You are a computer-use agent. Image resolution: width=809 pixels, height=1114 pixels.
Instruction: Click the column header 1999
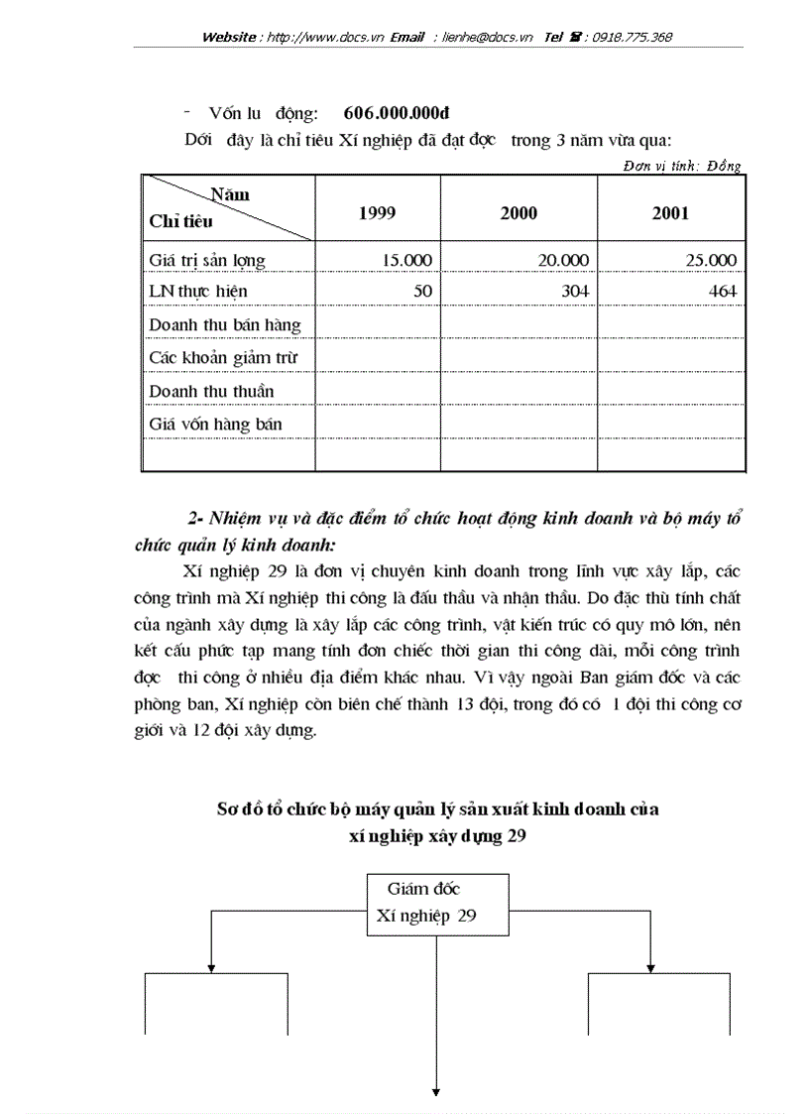pyautogui.click(x=378, y=212)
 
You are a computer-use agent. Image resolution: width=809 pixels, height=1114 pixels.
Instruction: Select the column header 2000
pyautogui.click(x=519, y=212)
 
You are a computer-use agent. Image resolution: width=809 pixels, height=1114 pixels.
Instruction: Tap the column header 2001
pyautogui.click(x=670, y=212)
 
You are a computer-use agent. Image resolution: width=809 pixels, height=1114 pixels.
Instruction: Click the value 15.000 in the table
pyautogui.click(x=406, y=260)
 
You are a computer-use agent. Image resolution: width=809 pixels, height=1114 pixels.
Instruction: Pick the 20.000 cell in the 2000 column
pyautogui.click(x=562, y=260)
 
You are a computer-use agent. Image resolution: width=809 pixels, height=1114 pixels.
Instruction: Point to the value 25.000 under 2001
pyautogui.click(x=711, y=260)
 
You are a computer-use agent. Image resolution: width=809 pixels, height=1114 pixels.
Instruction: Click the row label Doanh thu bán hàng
pyautogui.click(x=225, y=324)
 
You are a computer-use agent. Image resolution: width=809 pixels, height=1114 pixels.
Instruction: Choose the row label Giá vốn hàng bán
pyautogui.click(x=215, y=424)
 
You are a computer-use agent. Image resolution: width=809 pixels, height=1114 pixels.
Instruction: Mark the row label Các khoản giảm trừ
pyautogui.click(x=223, y=357)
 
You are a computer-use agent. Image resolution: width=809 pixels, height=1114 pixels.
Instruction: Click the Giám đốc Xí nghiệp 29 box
pyautogui.click(x=437, y=904)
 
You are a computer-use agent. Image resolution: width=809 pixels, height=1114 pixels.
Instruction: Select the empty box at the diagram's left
pyautogui.click(x=217, y=1004)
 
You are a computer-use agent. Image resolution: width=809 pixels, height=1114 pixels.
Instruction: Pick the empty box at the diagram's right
pyautogui.click(x=660, y=1004)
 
